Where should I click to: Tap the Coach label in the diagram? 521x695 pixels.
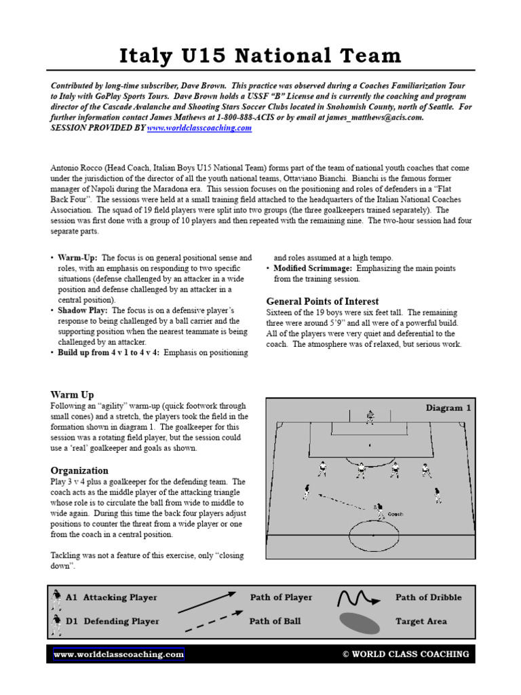[x=395, y=514]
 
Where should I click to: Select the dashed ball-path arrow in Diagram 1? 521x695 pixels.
[x=343, y=500]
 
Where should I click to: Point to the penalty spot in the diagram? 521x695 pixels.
[x=370, y=445]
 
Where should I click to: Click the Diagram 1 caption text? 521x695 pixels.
[x=448, y=408]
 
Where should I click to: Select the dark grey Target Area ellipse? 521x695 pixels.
[x=360, y=622]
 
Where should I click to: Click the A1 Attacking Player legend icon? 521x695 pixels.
[x=56, y=598]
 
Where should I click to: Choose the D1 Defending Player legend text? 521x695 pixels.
[x=112, y=621]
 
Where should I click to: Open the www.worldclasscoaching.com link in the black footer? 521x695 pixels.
[x=119, y=654]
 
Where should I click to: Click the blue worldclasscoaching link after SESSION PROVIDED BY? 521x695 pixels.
[x=199, y=128]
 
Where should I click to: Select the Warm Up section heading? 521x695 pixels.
[x=72, y=394]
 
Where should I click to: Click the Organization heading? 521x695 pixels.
[x=79, y=470]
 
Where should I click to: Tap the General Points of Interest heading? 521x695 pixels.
[x=322, y=301]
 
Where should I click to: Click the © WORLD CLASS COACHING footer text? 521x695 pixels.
[x=405, y=654]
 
